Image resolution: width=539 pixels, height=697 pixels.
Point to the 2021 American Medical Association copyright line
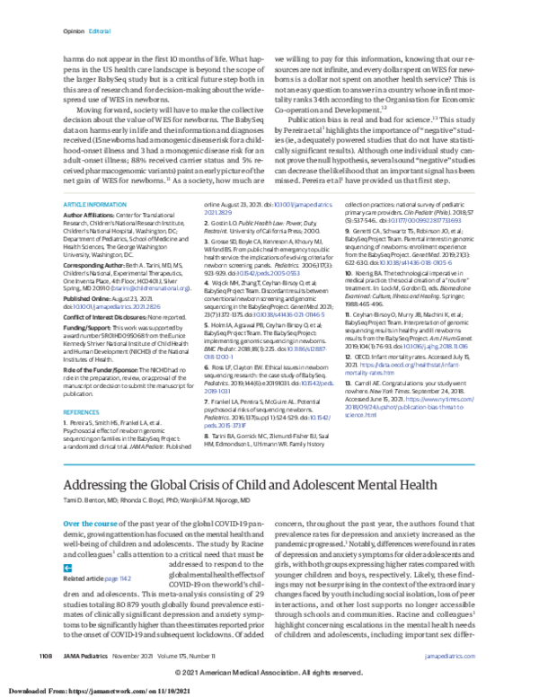269,673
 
